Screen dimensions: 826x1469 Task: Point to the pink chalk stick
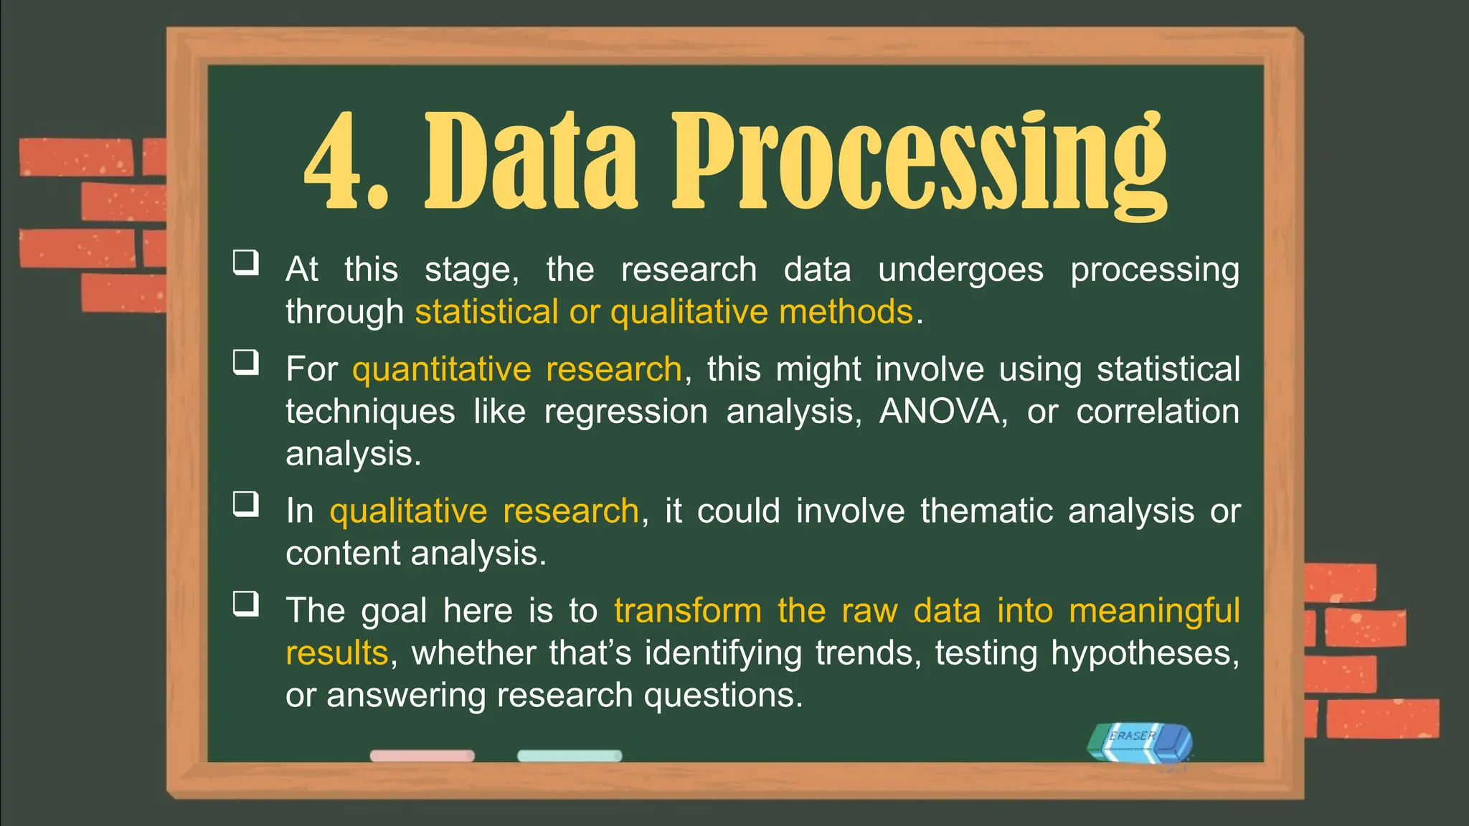pos(422,756)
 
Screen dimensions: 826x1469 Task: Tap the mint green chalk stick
pos(570,756)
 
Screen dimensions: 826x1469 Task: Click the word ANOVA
pos(938,412)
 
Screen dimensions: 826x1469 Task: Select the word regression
pos(625,412)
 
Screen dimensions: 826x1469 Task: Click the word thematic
pos(986,511)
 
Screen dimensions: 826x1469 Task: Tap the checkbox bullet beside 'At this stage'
pos(245,262)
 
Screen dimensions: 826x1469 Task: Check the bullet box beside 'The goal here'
pos(245,604)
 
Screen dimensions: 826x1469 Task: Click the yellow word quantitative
pos(441,369)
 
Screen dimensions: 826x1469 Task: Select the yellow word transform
pos(687,611)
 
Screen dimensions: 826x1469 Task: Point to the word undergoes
pos(960,270)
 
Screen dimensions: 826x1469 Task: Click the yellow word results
pos(336,653)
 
